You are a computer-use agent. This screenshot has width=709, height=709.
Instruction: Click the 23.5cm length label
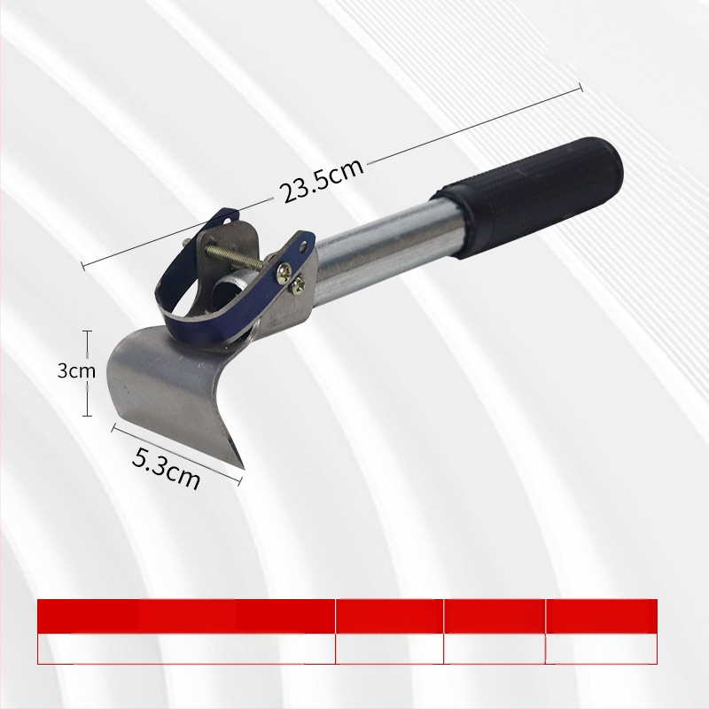pos(323,181)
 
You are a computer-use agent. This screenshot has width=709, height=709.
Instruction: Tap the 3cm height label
pos(76,370)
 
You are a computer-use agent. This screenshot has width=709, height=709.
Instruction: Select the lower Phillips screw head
pos(299,284)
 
